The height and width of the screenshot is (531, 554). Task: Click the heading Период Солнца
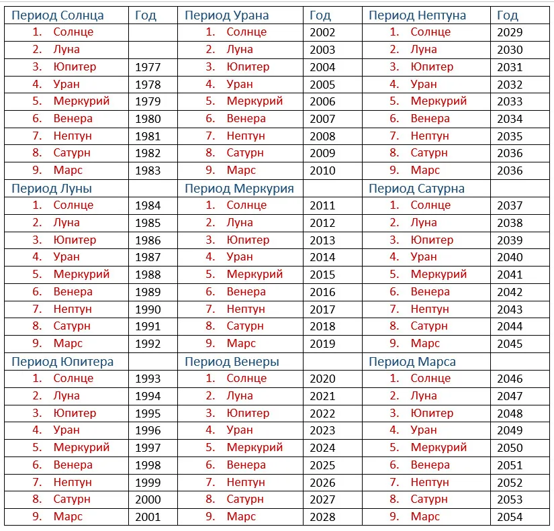coord(58,15)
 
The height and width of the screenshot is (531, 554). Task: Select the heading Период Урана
coord(226,15)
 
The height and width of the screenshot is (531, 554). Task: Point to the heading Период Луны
coord(52,189)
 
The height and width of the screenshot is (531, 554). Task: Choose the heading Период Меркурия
coord(239,189)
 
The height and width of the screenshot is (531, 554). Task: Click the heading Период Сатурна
coord(416,189)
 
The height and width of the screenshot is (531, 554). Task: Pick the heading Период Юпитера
coord(62,362)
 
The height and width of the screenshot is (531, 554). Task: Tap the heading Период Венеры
coord(232,362)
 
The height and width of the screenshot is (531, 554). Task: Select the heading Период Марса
coord(412,362)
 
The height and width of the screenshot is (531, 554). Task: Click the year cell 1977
coord(148,67)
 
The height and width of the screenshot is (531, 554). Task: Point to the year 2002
coord(322,32)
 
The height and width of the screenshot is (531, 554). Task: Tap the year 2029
coord(510,32)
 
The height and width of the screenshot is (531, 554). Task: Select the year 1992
coord(148,344)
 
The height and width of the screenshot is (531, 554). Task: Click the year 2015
coord(322,275)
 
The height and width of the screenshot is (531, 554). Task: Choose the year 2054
coord(510,517)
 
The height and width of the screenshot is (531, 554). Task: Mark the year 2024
coord(322,448)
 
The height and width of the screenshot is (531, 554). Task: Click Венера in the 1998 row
coord(73,465)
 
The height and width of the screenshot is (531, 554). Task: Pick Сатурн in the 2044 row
coord(429,326)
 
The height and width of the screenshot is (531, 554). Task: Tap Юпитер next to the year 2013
coord(248,240)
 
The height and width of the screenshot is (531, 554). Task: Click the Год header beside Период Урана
coord(320,15)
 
